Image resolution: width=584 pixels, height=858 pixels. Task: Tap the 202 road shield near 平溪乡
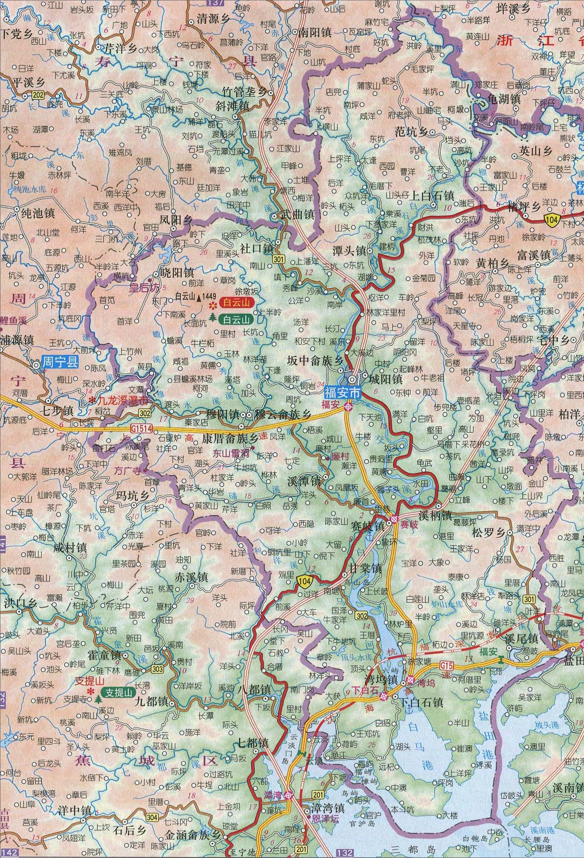[x=27, y=95]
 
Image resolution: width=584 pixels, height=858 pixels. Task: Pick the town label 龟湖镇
[x=504, y=99]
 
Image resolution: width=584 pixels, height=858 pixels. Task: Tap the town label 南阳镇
[x=315, y=32]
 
